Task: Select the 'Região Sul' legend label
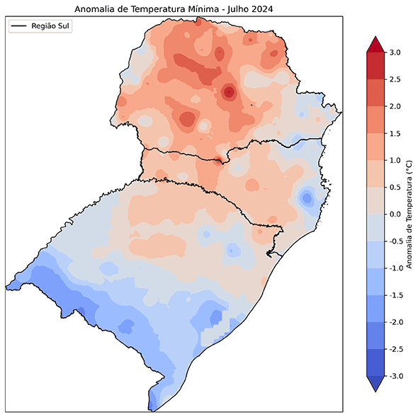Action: [x=52, y=25]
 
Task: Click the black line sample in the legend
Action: [x=19, y=25]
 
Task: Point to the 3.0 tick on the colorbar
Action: [x=395, y=52]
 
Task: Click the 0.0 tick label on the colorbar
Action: [x=395, y=214]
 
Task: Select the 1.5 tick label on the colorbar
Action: [x=395, y=133]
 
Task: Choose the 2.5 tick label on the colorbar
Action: [x=395, y=79]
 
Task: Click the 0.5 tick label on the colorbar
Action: [x=395, y=187]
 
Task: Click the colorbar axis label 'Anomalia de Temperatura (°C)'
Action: [x=409, y=214]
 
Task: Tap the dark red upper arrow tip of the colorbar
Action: [x=375, y=44]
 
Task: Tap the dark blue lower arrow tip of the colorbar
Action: [x=375, y=384]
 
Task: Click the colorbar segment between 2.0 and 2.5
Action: [x=375, y=93]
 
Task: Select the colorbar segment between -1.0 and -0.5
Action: [x=375, y=254]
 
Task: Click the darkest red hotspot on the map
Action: [x=228, y=91]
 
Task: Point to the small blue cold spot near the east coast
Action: [x=306, y=198]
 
